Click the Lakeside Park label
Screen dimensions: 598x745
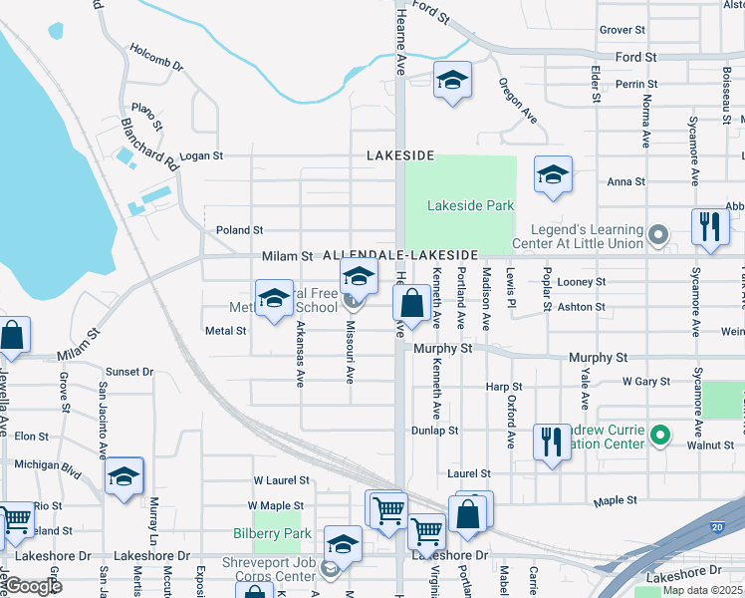coord(470,205)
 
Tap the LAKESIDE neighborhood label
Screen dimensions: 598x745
coord(400,156)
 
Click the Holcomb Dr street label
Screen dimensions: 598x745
coord(156,57)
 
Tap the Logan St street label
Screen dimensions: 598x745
coord(201,156)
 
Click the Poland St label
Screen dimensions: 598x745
coord(239,230)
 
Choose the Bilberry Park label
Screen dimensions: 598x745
coord(258,533)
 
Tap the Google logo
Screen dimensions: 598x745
coord(33,586)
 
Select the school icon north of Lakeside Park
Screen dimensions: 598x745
coord(452,80)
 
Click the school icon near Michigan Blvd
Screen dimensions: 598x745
coord(124,475)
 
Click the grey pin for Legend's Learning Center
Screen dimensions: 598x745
coord(657,235)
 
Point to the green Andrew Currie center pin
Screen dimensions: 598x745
coord(658,435)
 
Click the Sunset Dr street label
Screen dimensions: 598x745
coord(130,372)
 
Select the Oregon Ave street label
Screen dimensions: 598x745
coord(518,101)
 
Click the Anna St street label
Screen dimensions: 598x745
coord(626,181)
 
